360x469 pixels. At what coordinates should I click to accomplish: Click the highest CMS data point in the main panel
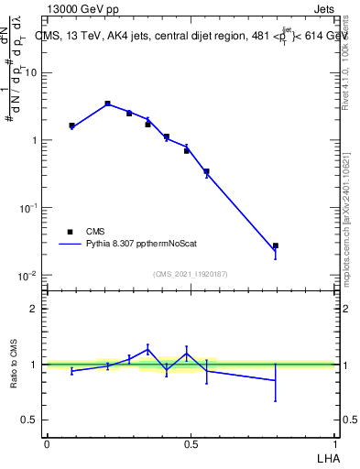point(107,104)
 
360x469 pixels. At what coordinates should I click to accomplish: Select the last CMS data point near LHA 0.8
point(275,245)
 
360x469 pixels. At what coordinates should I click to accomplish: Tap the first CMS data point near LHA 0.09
point(71,125)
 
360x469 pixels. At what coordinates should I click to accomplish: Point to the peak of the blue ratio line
point(147,348)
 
